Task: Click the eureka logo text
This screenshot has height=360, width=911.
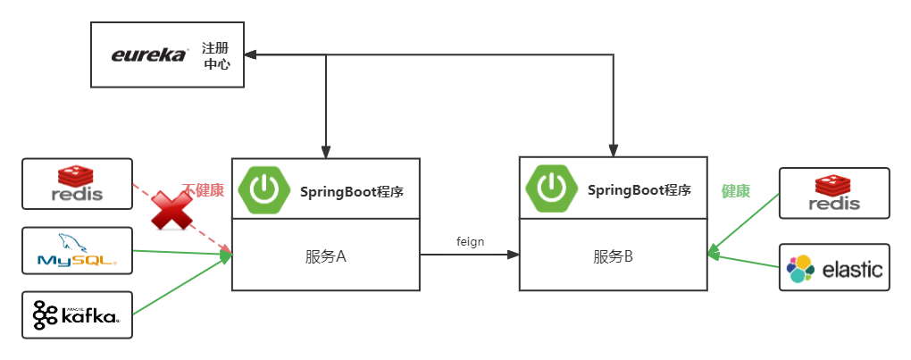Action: point(149,55)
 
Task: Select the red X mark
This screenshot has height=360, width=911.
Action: point(172,210)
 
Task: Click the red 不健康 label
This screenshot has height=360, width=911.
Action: point(203,190)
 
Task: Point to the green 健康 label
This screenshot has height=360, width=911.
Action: point(735,191)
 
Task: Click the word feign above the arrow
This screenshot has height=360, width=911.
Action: point(470,242)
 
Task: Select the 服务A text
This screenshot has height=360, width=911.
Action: point(325,256)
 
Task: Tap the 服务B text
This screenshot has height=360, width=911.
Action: point(613,256)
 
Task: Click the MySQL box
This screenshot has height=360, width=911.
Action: point(78,250)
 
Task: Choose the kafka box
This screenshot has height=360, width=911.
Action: point(78,314)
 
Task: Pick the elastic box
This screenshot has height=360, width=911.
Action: point(834,267)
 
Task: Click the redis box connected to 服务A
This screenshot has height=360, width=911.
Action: point(78,184)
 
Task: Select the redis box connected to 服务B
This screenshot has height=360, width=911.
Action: point(834,193)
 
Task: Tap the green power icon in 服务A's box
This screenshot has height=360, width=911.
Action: point(264,189)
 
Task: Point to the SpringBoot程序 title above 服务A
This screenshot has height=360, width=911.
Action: point(351,191)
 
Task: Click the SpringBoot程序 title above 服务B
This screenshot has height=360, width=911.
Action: point(639,190)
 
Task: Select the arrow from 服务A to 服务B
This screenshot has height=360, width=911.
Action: point(469,255)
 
